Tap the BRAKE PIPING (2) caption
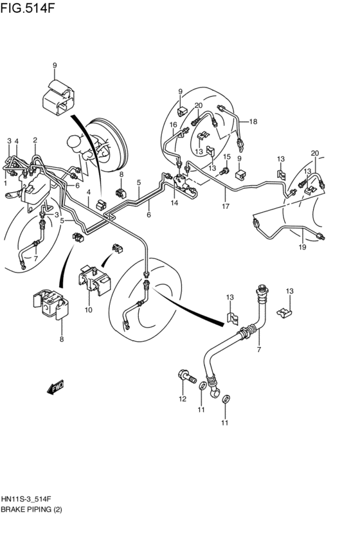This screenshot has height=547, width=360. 32,510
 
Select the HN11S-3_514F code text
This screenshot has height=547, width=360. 28,498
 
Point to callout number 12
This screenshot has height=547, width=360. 182,399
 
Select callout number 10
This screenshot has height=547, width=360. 87,310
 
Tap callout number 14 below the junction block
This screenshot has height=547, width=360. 174,203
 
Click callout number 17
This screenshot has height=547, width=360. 226,206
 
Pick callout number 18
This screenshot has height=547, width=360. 253,121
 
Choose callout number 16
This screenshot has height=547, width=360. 173,125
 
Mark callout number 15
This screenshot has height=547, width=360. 226,157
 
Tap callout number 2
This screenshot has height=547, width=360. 35,139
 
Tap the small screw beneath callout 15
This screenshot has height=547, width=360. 224,171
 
